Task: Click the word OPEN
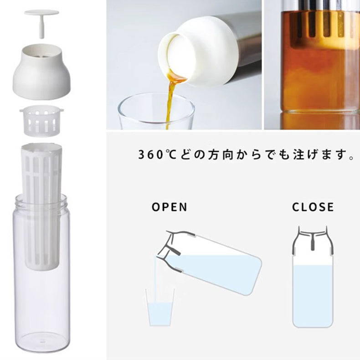(170, 207)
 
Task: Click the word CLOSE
(313, 207)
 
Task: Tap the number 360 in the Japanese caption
(151, 154)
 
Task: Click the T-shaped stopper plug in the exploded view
(42, 22)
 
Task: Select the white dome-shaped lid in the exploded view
(42, 71)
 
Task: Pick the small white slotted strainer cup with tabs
(41, 121)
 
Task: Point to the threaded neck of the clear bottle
(41, 201)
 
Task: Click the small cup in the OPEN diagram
(160, 308)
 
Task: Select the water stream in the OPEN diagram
(155, 280)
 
